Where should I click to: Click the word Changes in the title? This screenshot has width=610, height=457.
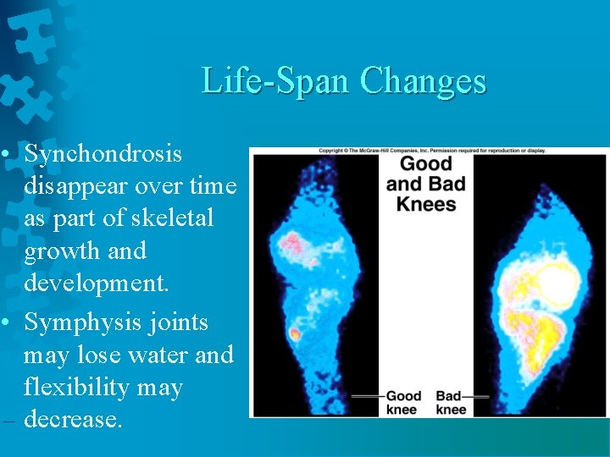[423, 81]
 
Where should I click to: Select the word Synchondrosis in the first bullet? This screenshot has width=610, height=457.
[103, 153]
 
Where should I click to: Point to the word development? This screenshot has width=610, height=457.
[97, 283]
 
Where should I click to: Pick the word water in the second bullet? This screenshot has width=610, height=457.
[158, 355]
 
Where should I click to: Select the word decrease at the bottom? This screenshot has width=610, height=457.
[74, 419]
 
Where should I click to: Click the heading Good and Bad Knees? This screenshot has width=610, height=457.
[426, 184]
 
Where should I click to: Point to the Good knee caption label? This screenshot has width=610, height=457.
[403, 402]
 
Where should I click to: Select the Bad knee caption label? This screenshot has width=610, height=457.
[450, 402]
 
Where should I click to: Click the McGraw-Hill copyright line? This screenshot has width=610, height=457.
[432, 151]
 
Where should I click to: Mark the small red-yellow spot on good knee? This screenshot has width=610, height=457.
[294, 333]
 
